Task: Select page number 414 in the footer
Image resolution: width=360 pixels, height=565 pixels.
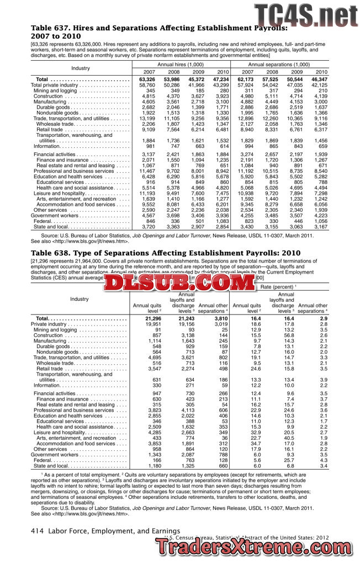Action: click(x=38, y=531)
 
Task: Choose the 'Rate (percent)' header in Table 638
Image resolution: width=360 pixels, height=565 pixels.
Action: click(x=278, y=287)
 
